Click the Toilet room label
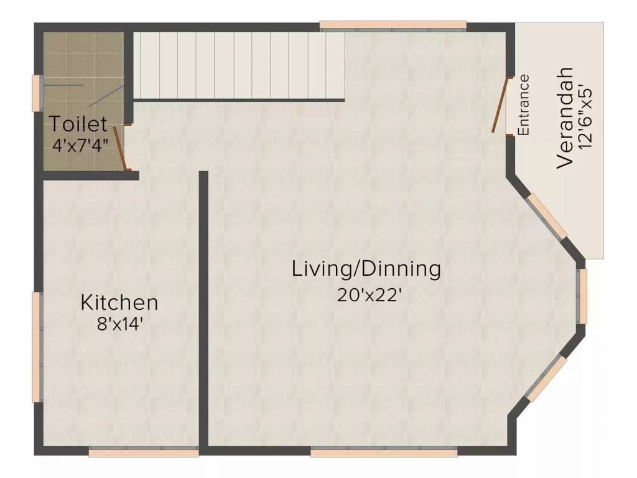[78, 123]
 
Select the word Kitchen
[119, 303]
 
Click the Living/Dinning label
[366, 269]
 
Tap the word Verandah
[564, 118]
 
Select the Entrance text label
[524, 105]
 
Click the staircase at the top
[239, 65]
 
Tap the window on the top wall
[393, 26]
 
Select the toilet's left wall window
[37, 93]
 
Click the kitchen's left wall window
[37, 346]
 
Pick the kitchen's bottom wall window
[143, 452]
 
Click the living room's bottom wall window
[383, 452]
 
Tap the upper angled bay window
[547, 217]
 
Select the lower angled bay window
[546, 378]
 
